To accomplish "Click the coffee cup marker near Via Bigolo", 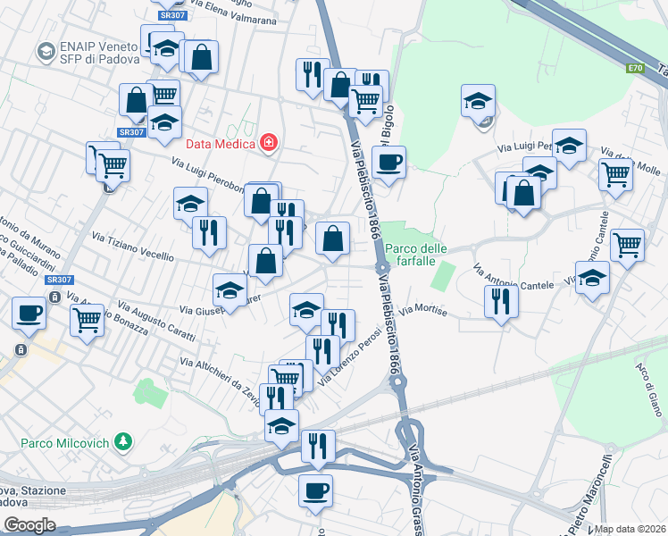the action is coord(388,164).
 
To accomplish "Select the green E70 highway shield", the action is coord(634,68).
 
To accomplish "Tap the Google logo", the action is coord(29,525).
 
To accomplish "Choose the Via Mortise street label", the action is coord(423,310).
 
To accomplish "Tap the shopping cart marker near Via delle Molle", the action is coord(616,175).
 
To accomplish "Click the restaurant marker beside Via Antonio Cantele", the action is coord(501,301).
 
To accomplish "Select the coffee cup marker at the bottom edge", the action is coord(315,490).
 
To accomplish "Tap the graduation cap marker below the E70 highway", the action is coord(479,101).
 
